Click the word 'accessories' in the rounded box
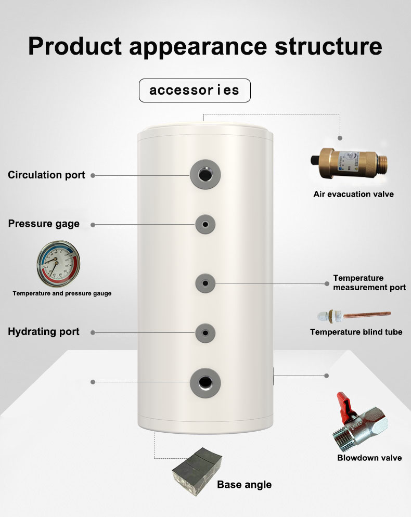coord(195,90)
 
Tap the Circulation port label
coord(46,175)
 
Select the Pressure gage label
coord(44,224)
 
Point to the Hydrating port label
coord(44,331)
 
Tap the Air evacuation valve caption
coord(353,194)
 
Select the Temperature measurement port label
coord(369,283)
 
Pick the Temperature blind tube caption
coord(356,332)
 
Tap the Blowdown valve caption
coord(369,458)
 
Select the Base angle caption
coord(244,485)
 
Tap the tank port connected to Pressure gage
coord(205,225)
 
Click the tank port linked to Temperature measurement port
coord(205,283)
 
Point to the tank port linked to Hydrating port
coord(205,332)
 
